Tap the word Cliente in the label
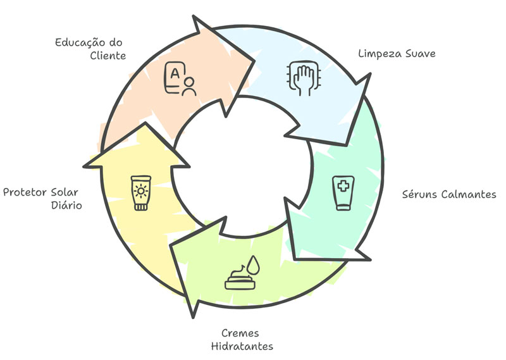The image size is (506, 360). (x=109, y=56)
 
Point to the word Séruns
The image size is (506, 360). (x=420, y=194)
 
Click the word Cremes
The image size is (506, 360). (x=240, y=333)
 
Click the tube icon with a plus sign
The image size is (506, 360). (x=343, y=192)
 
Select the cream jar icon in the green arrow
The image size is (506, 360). (x=240, y=278)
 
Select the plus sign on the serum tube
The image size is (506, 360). (x=343, y=187)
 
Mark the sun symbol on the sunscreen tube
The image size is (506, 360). (x=140, y=190)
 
